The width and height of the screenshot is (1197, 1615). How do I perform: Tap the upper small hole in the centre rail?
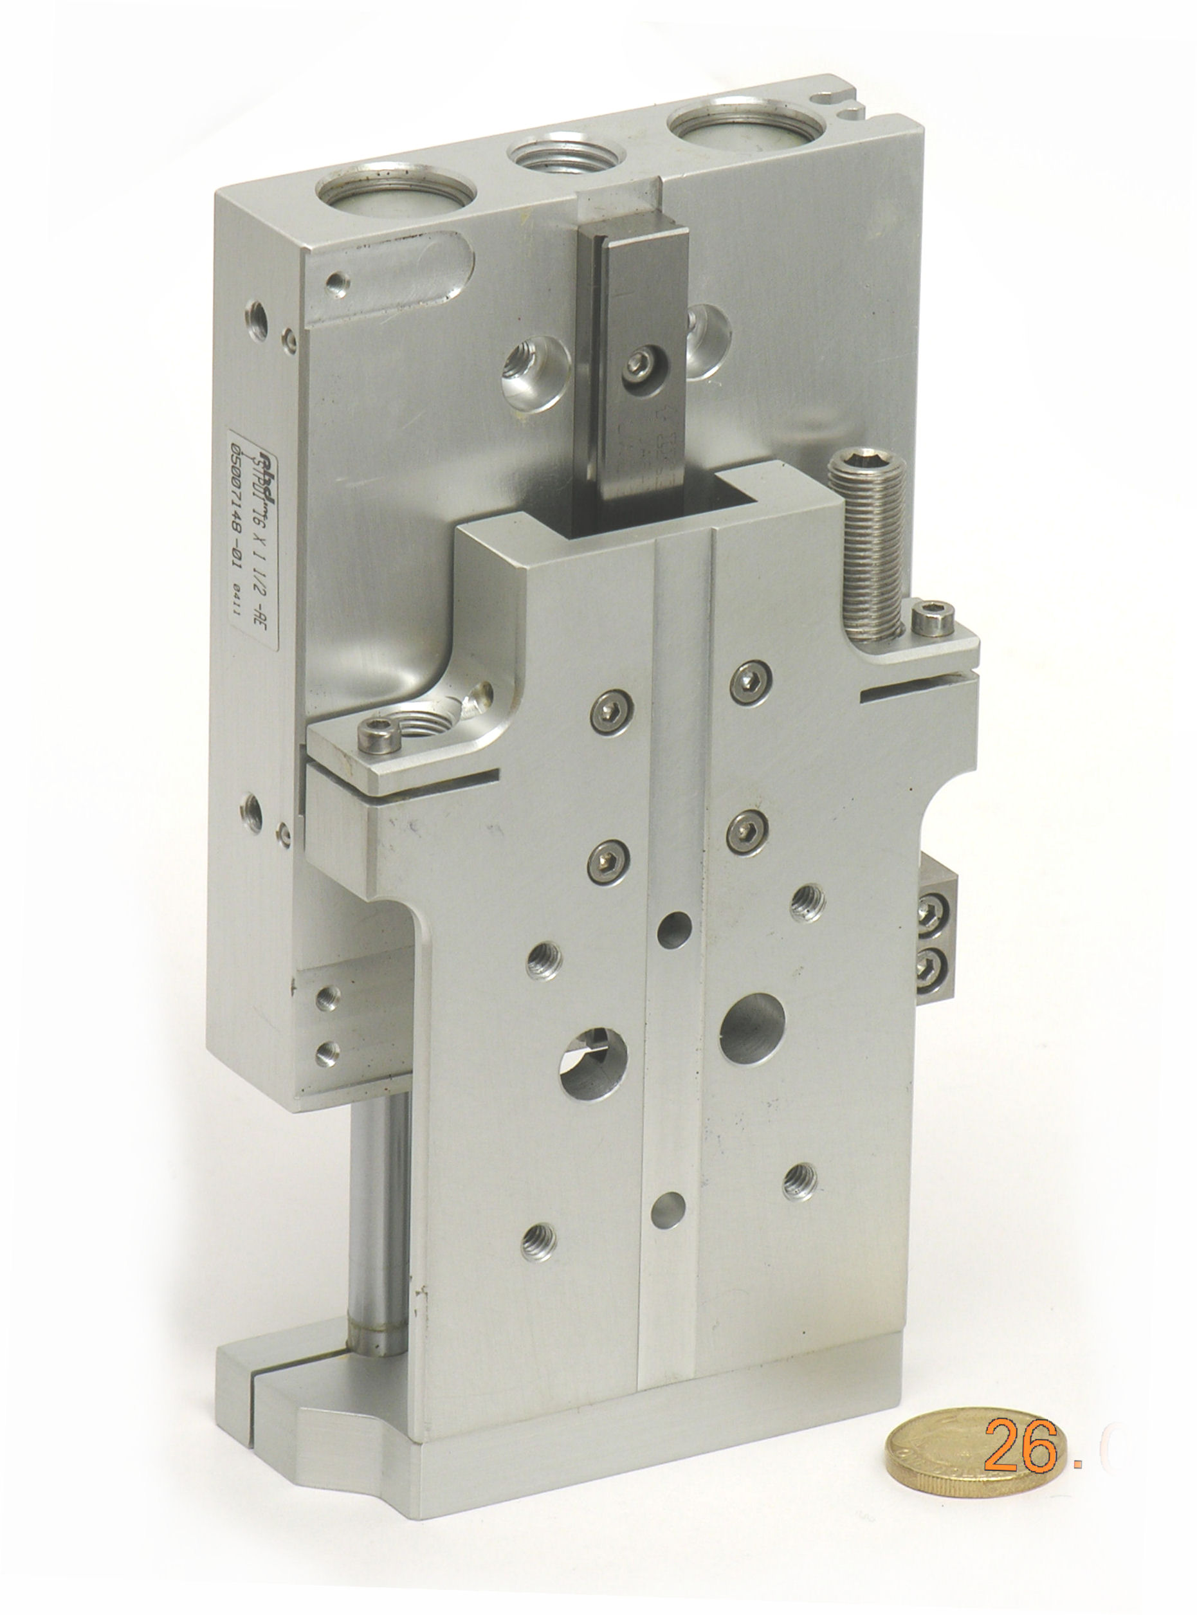(x=674, y=929)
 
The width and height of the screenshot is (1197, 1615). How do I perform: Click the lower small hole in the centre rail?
(x=668, y=1210)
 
